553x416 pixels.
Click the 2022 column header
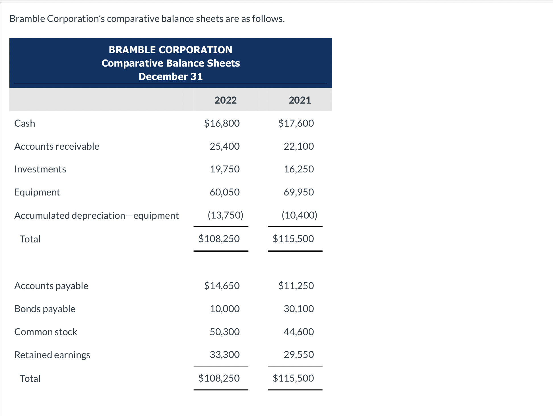226,100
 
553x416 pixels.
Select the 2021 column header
300,100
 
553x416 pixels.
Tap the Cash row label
25,123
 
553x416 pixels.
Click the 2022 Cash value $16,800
222,123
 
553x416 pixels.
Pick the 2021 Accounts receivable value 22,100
299,146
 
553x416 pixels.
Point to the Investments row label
40,169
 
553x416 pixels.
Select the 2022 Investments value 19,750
225,169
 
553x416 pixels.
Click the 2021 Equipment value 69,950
299,192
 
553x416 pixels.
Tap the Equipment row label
37,192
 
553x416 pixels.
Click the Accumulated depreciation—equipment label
97,215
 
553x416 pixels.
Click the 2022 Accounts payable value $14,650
222,285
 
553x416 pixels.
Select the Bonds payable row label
45,309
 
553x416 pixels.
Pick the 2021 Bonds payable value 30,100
299,308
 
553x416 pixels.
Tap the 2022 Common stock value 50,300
225,331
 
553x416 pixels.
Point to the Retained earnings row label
52,355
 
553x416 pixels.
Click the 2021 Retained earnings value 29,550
299,355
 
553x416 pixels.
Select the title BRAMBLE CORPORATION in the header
170,50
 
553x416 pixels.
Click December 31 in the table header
170,77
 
